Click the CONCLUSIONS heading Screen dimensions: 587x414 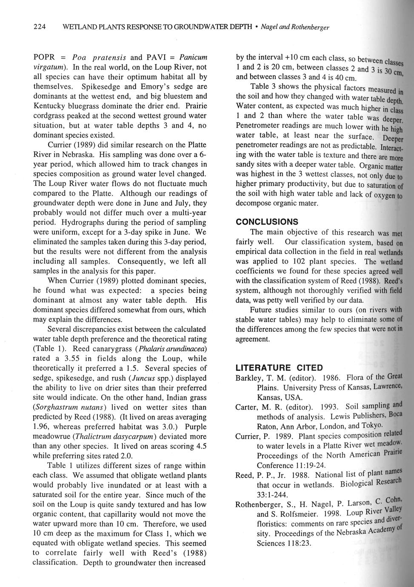[267, 222]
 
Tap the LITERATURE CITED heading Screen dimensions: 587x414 [279, 368]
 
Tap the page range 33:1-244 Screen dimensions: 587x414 [273, 495]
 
